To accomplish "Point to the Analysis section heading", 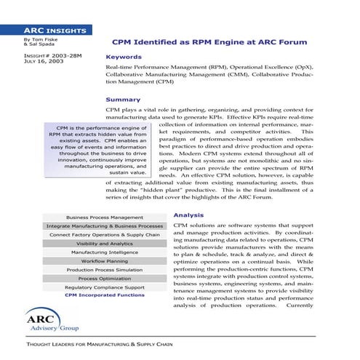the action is (x=188, y=215).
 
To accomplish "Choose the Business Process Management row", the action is (x=104, y=217).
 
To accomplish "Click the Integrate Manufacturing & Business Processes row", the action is (x=104, y=226).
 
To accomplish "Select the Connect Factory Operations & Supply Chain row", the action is (x=104, y=235).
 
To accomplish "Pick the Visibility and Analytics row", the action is (x=104, y=244).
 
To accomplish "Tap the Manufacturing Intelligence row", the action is (x=104, y=252).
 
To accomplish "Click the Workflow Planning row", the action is (x=104, y=261).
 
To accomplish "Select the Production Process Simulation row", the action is (x=104, y=270).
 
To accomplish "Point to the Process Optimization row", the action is (x=104, y=279).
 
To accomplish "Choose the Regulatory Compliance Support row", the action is (x=104, y=287).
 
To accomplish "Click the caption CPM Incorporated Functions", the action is (x=104, y=295).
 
